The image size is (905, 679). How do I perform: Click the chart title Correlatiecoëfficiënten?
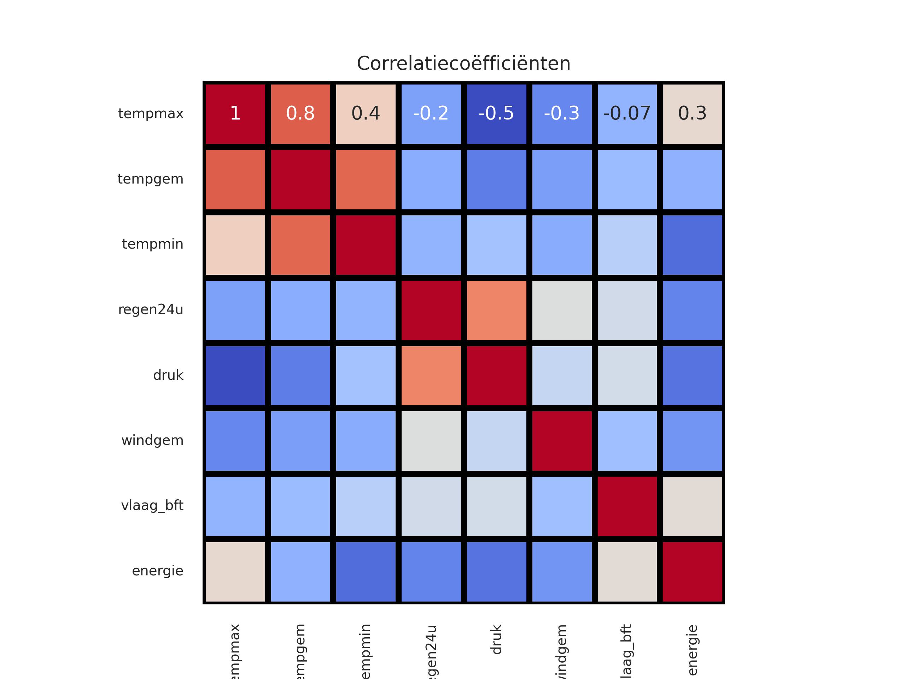click(x=463, y=63)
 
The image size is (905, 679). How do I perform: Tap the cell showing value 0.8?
click(x=300, y=114)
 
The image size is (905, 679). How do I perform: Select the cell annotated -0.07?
click(x=627, y=114)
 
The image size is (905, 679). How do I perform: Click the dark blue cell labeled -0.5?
click(x=496, y=114)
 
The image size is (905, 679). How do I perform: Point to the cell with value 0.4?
click(x=366, y=114)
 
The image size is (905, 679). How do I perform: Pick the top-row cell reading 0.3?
click(x=692, y=114)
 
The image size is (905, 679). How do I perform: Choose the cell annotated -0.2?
click(x=431, y=114)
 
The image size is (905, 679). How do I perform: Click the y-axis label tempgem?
click(x=150, y=179)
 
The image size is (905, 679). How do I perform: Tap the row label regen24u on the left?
click(x=151, y=310)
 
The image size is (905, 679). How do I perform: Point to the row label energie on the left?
click(x=158, y=571)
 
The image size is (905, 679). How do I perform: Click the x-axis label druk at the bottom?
click(x=496, y=639)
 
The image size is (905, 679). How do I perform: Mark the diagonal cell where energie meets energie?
click(x=692, y=571)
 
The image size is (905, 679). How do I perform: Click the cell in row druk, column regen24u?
click(x=431, y=375)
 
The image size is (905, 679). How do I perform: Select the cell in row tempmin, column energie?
click(x=692, y=245)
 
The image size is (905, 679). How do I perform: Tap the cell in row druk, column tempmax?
click(x=235, y=375)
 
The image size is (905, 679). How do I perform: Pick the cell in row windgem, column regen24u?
click(x=431, y=441)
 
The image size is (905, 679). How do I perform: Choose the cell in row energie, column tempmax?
click(x=235, y=571)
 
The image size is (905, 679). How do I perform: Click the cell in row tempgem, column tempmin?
click(x=366, y=179)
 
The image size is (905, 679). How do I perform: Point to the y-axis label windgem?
click(x=152, y=441)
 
